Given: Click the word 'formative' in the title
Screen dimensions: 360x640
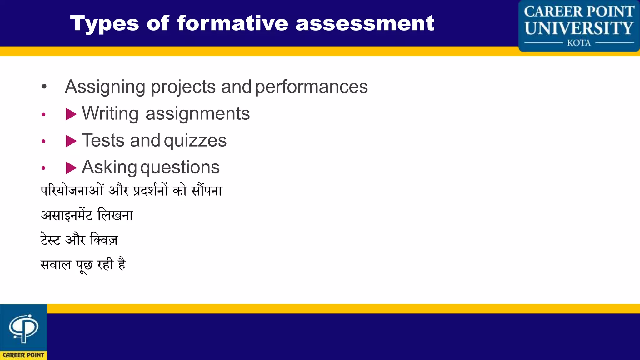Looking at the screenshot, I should point(232,23).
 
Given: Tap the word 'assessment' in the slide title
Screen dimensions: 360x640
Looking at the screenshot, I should point(365,23).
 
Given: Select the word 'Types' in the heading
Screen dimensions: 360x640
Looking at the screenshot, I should point(104,24).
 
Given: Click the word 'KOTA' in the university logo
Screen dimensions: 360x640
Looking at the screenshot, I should point(579,43).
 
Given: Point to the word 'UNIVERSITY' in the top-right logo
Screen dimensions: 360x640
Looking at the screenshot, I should point(579,28).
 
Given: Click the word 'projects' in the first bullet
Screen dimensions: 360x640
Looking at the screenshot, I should point(183,87).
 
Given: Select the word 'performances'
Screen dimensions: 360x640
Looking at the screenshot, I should point(312,87).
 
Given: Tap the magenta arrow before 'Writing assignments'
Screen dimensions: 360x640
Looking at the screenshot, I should point(71,114).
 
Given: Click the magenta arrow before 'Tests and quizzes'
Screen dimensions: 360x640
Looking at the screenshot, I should point(71,141).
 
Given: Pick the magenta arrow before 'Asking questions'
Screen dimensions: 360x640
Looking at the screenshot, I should point(71,168).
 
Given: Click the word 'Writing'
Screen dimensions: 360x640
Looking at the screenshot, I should point(110,113).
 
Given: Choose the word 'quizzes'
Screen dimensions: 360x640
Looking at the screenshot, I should point(195,141).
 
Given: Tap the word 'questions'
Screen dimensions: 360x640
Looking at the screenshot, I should point(180,167).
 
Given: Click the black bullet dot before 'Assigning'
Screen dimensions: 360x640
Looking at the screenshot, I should point(44,87).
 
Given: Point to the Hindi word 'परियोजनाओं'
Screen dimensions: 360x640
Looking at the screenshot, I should point(72,190).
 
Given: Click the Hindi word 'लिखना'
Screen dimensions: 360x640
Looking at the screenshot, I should point(115,215).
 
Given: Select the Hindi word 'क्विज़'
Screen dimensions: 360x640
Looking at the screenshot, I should point(104,240).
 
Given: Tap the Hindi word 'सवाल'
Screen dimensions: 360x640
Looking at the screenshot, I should point(56,265).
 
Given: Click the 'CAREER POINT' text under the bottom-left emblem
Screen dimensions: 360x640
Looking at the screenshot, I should point(23,355).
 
